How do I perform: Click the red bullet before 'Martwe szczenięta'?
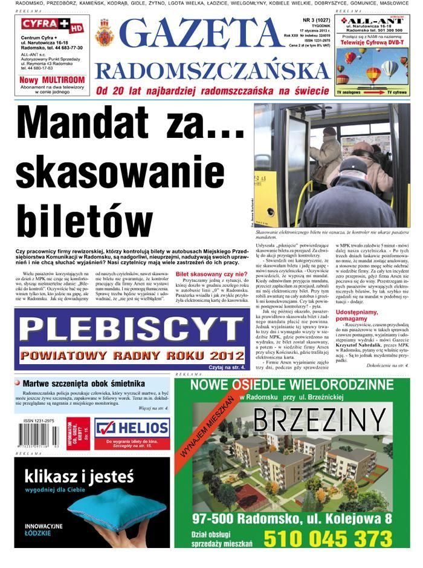click(18, 384)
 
